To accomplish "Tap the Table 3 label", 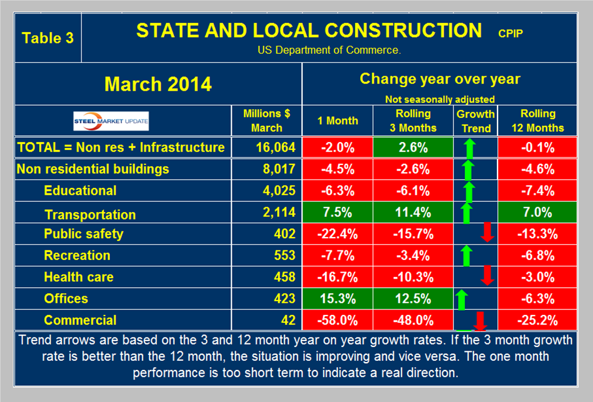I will pyautogui.click(x=48, y=37).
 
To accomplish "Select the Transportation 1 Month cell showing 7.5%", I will pyautogui.click(x=337, y=213).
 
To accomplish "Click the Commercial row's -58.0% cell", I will pyautogui.click(x=337, y=320).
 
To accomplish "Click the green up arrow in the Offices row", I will pyautogui.click(x=461, y=298).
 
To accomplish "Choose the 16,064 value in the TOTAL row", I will pyautogui.click(x=266, y=147).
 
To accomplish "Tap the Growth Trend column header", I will pyautogui.click(x=475, y=121).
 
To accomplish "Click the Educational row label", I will pyautogui.click(x=80, y=190).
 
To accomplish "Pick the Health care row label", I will pyautogui.click(x=79, y=277).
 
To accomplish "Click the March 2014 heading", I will pyautogui.click(x=158, y=84).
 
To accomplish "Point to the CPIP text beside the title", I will pyautogui.click(x=510, y=33).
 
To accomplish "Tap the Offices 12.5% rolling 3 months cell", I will pyautogui.click(x=413, y=298).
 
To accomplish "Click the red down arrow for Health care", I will pyautogui.click(x=487, y=277).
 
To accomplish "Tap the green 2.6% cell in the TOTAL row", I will pyautogui.click(x=413, y=147).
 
